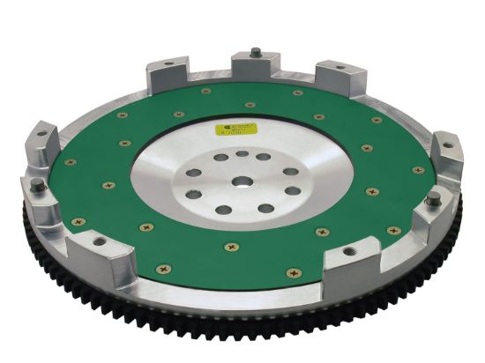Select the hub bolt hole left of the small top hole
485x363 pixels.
click(x=220, y=158)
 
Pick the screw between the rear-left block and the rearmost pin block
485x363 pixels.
click(x=205, y=90)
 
